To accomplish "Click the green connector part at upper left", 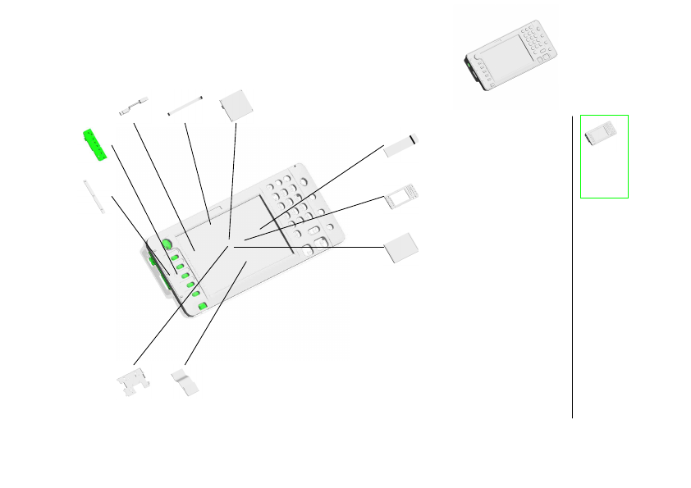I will pos(95,144).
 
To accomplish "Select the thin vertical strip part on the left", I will pos(93,197).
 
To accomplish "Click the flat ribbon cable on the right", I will pos(401,144).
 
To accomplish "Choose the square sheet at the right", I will pos(401,248).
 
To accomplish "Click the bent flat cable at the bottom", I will pos(185,382).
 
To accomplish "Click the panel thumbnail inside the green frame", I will pos(604,134).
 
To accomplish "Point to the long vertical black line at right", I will pos(572,262).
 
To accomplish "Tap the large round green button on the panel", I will pos(167,244).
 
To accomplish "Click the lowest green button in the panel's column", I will pos(202,307).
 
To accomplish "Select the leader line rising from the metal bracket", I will pos(181,303).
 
